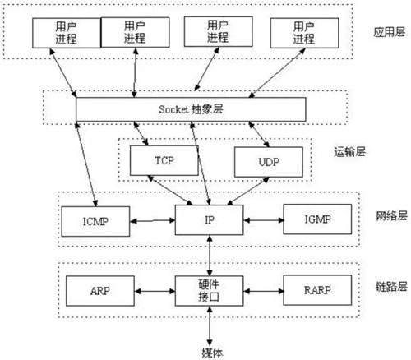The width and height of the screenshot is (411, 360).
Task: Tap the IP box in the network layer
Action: [x=210, y=219]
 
